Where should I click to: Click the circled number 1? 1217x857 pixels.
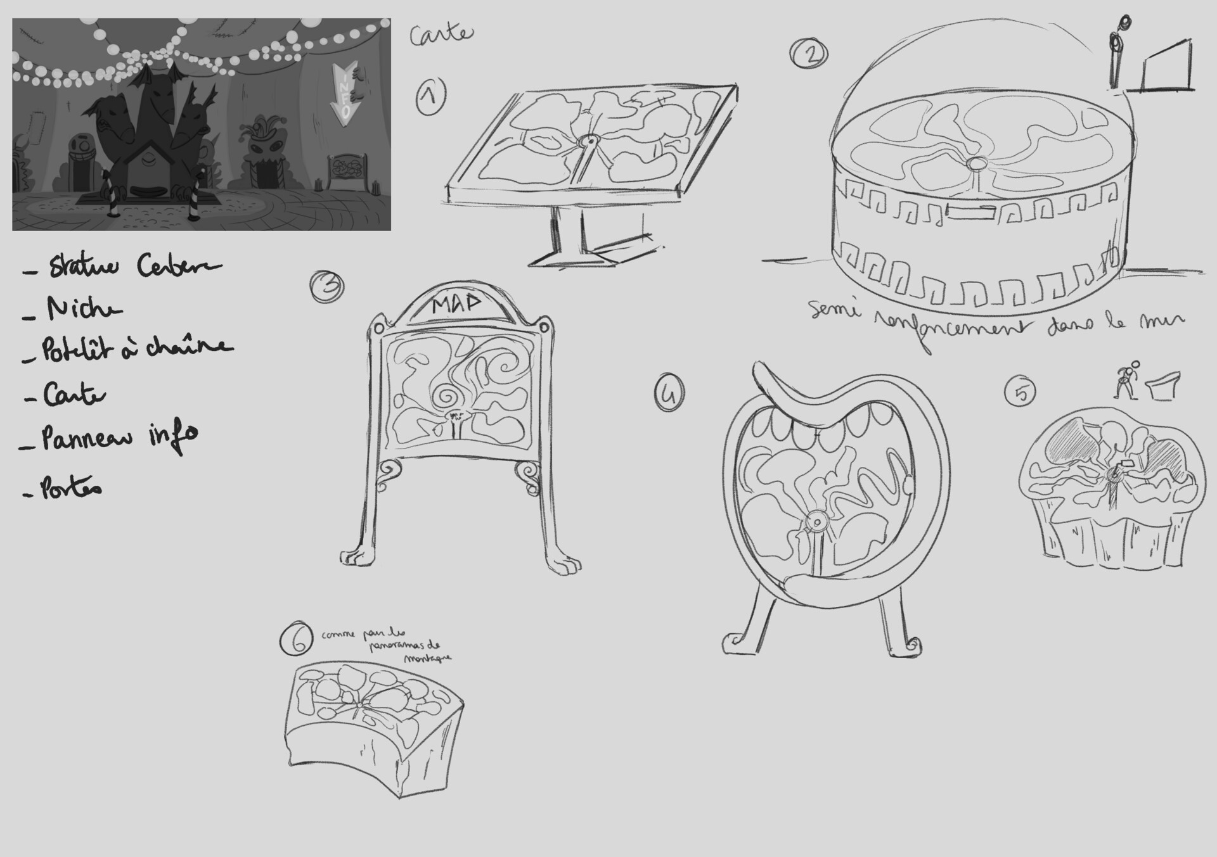[430, 97]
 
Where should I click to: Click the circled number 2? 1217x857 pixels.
[809, 53]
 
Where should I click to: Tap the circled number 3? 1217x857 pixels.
[327, 287]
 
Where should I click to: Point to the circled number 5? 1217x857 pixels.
[1021, 391]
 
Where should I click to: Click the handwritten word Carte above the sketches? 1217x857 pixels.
[441, 34]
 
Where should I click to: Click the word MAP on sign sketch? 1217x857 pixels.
[457, 305]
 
